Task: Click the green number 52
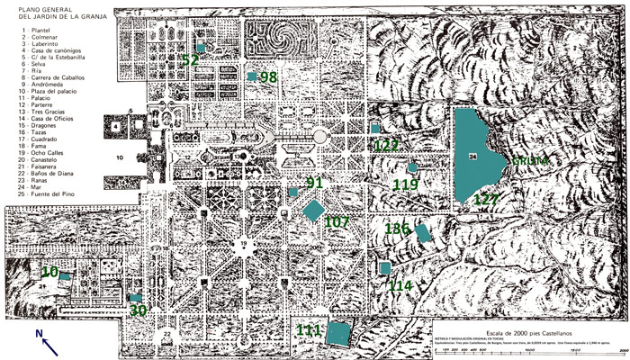point(190,60)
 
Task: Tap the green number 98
point(268,78)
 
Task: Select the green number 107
point(337,221)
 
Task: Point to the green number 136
point(398,229)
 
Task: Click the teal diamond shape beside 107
point(314,211)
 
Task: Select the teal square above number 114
point(385,268)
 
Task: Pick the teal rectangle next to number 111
point(338,333)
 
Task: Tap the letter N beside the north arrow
point(39,334)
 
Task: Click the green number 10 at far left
point(49,272)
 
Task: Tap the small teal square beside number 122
point(375,129)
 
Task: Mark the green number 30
point(138,310)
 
